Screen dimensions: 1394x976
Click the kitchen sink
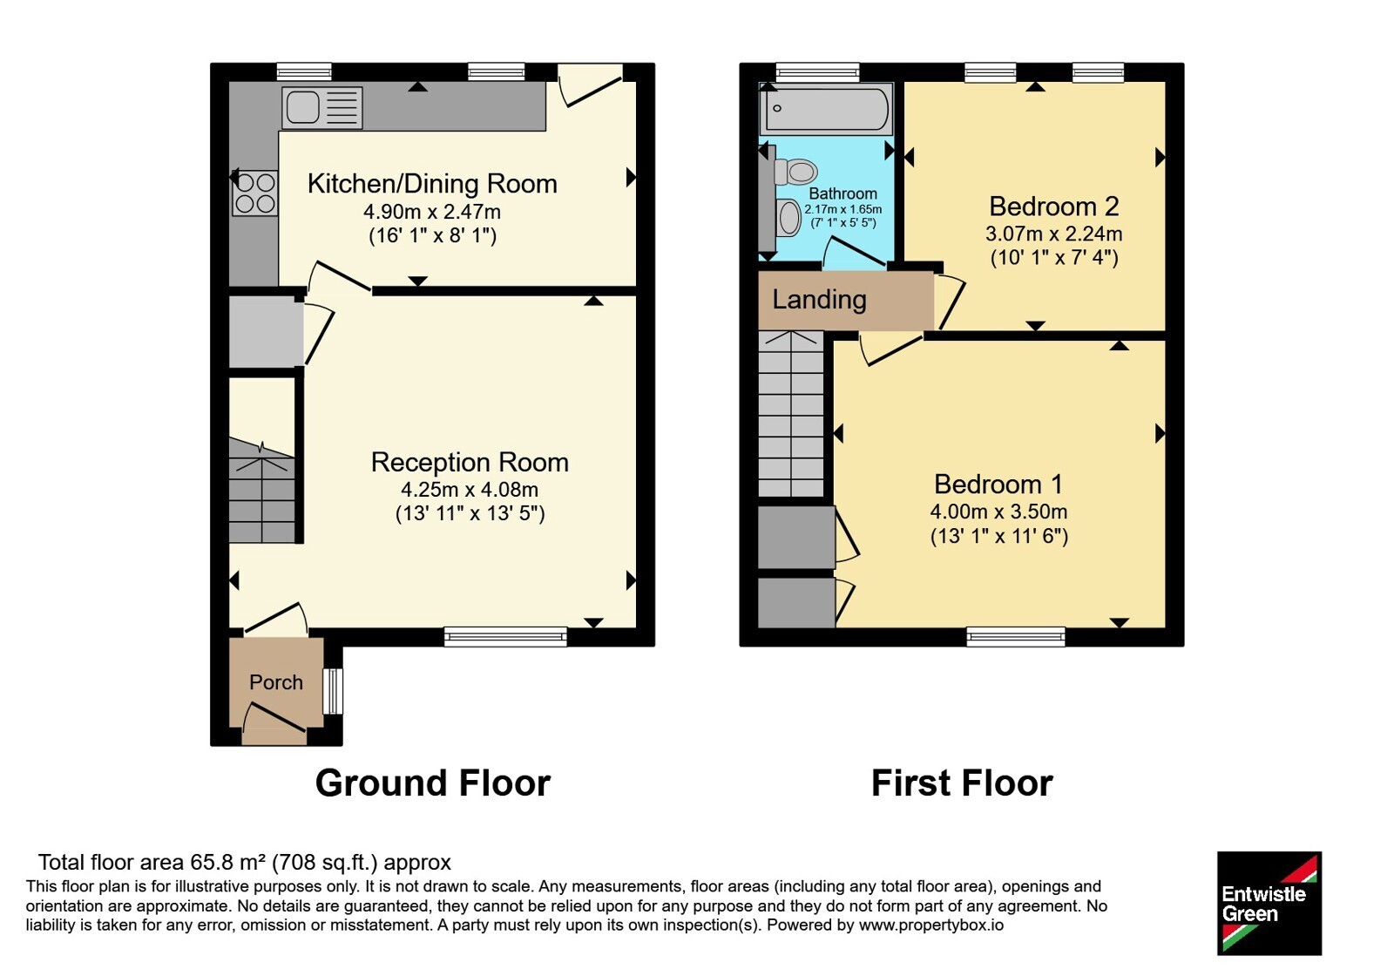tap(322, 107)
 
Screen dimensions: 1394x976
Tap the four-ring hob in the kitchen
tap(254, 193)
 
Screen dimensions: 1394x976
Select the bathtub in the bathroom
tap(827, 108)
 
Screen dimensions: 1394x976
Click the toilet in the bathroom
tap(796, 172)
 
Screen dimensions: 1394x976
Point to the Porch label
tap(275, 682)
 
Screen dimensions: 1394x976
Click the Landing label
tap(819, 300)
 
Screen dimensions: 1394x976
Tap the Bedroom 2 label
tap(1054, 206)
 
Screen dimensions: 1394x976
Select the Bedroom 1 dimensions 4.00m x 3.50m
tap(998, 512)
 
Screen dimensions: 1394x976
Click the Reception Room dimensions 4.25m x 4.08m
tap(470, 490)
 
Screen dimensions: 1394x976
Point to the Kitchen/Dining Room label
tap(432, 184)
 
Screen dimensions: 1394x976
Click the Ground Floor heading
tap(432, 783)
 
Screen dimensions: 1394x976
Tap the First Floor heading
tap(962, 783)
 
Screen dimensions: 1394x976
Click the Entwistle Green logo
tap(1269, 903)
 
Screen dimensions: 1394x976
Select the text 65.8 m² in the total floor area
tap(227, 863)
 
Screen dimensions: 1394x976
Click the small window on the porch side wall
tap(334, 691)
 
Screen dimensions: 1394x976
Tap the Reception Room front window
tap(505, 637)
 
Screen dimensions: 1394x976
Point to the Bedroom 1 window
tap(1016, 637)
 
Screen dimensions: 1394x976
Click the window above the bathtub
tap(817, 72)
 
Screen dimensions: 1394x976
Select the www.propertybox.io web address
tap(931, 925)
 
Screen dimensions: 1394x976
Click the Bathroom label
tap(842, 193)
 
